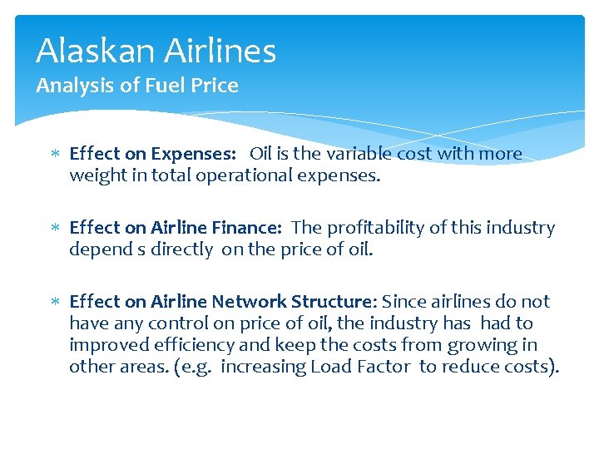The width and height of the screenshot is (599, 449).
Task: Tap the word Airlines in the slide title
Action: [x=220, y=52]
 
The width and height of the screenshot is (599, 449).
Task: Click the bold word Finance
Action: [x=250, y=228]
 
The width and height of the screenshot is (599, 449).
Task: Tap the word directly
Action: [x=182, y=249]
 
